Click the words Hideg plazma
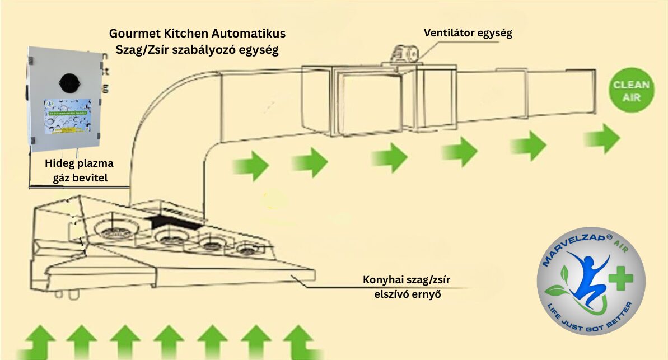(x=79, y=163)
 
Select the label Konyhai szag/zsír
(x=400, y=279)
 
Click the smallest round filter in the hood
(x=247, y=248)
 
